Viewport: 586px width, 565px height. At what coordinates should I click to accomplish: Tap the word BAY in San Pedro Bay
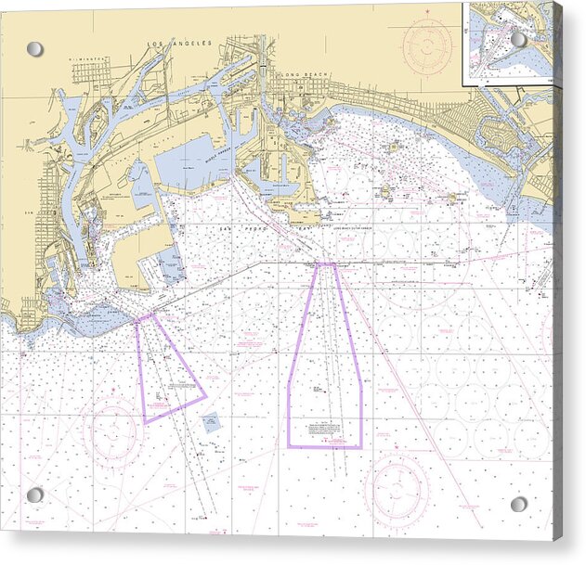[x=299, y=227]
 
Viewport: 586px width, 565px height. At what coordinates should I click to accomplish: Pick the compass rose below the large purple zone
[x=397, y=489]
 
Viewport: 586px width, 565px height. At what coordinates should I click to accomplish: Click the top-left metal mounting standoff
[x=34, y=48]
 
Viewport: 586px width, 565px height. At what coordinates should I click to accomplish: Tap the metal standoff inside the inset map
[x=518, y=39]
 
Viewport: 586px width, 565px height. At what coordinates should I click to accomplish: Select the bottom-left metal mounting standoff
[x=34, y=494]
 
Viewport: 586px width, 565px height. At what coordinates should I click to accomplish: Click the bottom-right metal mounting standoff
[x=518, y=504]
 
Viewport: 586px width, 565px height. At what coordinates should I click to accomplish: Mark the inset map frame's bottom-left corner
[x=463, y=89]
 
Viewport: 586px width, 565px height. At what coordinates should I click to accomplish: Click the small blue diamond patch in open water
[x=211, y=423]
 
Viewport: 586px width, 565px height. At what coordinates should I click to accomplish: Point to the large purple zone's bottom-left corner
[x=288, y=446]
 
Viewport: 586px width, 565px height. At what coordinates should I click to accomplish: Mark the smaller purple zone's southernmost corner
[x=145, y=424]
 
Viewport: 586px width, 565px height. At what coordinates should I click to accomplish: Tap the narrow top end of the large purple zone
[x=326, y=265]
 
